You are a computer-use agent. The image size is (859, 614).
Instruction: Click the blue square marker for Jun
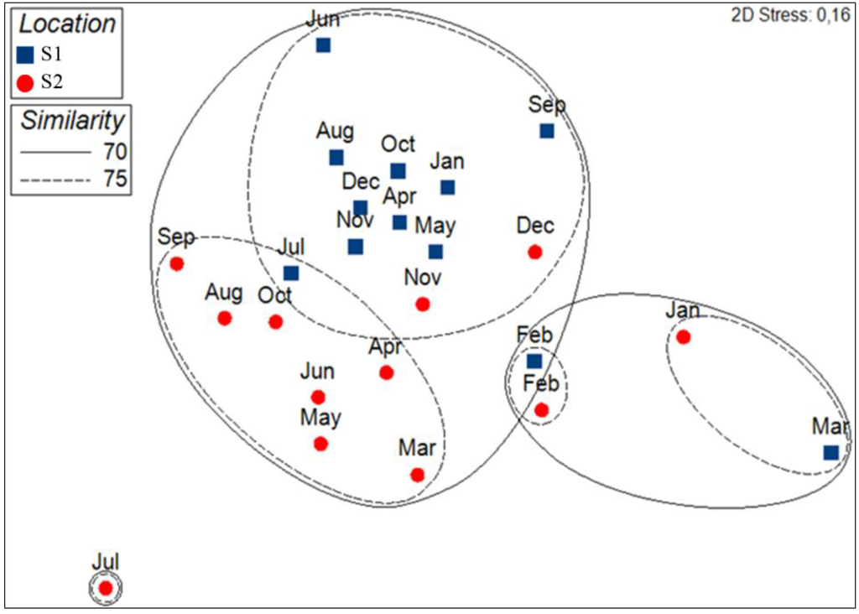coord(323,45)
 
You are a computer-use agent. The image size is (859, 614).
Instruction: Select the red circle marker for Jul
coord(106,588)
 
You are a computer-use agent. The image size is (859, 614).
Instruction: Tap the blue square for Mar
coord(830,452)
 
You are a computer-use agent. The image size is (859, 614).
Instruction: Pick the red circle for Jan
coord(683,337)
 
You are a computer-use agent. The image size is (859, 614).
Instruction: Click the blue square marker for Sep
coord(547,131)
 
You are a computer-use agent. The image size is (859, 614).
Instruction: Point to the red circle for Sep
coord(177,263)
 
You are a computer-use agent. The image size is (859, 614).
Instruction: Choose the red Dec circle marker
coord(534,252)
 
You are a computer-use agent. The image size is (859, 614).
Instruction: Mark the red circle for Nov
coord(423,304)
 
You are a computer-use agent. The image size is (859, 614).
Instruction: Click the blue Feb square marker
coord(534,362)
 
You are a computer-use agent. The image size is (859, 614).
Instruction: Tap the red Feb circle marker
coord(542,410)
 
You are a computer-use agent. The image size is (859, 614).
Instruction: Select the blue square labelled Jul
coord(290,273)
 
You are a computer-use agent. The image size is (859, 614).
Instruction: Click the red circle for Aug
coord(224,318)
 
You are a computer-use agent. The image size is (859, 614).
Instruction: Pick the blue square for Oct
coord(398,171)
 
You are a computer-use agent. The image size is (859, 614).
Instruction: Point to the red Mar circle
coord(418,475)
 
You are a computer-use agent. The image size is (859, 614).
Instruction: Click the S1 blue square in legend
coord(25,56)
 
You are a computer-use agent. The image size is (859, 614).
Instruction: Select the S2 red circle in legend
coord(25,82)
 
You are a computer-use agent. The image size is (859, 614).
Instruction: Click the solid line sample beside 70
coord(53,153)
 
